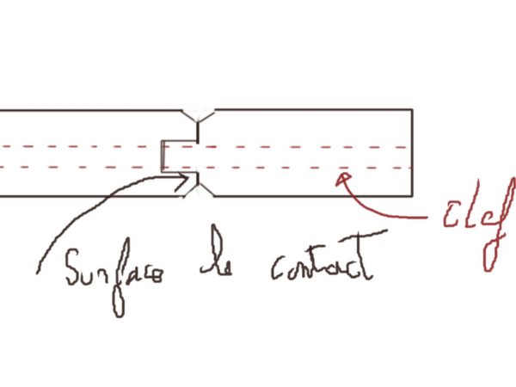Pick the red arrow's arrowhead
point(341,177)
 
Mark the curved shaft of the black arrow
point(86,215)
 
